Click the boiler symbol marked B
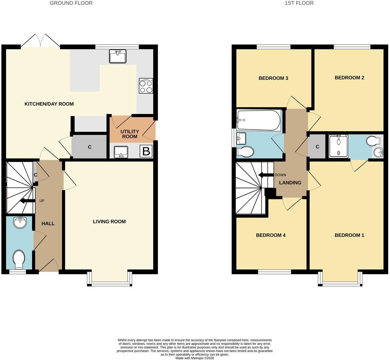pos(146,151)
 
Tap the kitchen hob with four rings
pos(146,86)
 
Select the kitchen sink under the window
pos(118,56)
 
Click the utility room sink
pos(121,152)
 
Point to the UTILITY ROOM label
pos(129,134)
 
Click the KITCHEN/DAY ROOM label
pos(49,104)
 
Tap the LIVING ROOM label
pos(109,222)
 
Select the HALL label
pos(48,223)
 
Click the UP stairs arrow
pos(27,201)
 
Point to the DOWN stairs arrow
pos(266,175)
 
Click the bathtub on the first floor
pos(259,121)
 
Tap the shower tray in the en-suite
pos(339,146)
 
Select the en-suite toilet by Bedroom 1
pos(374,140)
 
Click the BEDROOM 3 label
pos(273,78)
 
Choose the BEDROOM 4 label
pos(271,235)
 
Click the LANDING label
pos(290,183)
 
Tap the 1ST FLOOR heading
pos(299,3)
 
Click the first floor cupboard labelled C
pos(317,147)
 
